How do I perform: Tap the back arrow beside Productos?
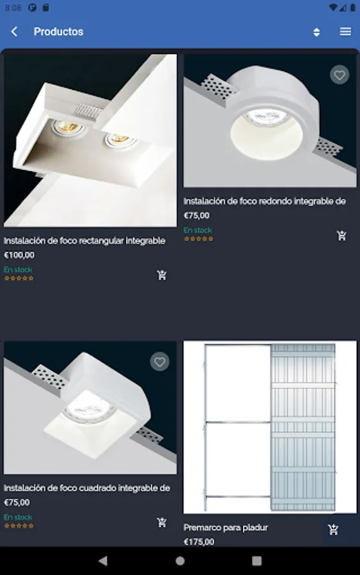pos(14,31)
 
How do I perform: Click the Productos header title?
pos(59,31)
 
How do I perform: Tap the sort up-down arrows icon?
pos(317,32)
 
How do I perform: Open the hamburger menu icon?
pos(345,31)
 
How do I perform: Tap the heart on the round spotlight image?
pos(340,75)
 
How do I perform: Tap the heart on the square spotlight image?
pos(160,362)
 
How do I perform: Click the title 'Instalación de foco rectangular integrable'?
pos(84,241)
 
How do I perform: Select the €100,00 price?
pos(19,255)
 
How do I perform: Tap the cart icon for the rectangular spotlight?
pos(162,275)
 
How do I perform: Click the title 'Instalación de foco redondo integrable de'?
pos(265,201)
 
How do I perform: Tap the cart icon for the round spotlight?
pos(341,235)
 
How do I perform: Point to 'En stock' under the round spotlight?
pos(198,230)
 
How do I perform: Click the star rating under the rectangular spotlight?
pos(19,279)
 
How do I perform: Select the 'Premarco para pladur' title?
pos(226,527)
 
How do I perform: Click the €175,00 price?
pos(199,542)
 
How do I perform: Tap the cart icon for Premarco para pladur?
pos(333,530)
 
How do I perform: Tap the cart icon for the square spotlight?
pos(162,522)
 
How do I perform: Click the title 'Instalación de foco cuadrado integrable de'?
pos(87,487)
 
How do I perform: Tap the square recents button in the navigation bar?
pos(257,561)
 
